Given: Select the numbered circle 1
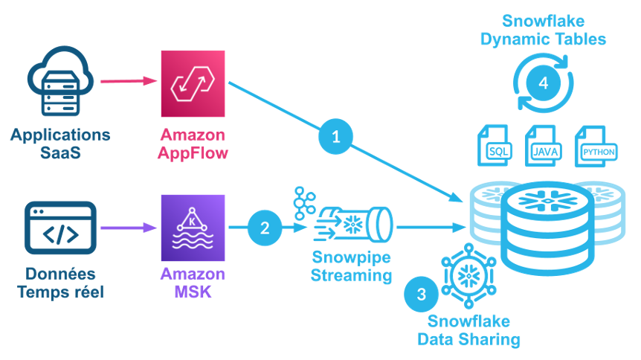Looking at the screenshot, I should click(335, 136).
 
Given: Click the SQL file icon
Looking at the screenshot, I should click(494, 147).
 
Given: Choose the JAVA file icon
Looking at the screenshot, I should click(544, 147).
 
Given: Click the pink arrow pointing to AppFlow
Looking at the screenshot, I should click(127, 80).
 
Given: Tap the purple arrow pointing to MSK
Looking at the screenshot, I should click(127, 226).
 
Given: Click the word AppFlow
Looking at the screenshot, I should click(193, 153).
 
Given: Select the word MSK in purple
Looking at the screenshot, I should click(193, 292).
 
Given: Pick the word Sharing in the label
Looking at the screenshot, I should click(489, 340).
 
